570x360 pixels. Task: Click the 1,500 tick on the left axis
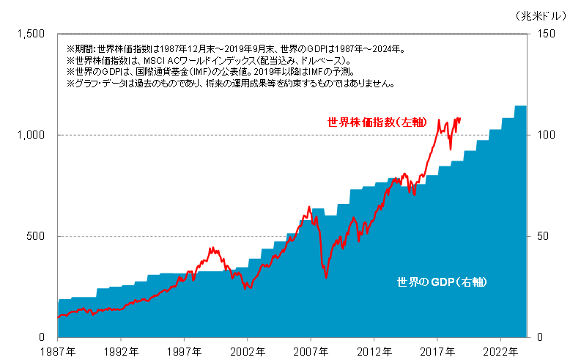coord(32,34)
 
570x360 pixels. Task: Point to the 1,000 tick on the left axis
coord(32,135)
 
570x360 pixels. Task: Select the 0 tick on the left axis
coord(45,337)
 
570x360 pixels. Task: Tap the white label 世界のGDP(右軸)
coord(442,282)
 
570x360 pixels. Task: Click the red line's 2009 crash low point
coord(326,277)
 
